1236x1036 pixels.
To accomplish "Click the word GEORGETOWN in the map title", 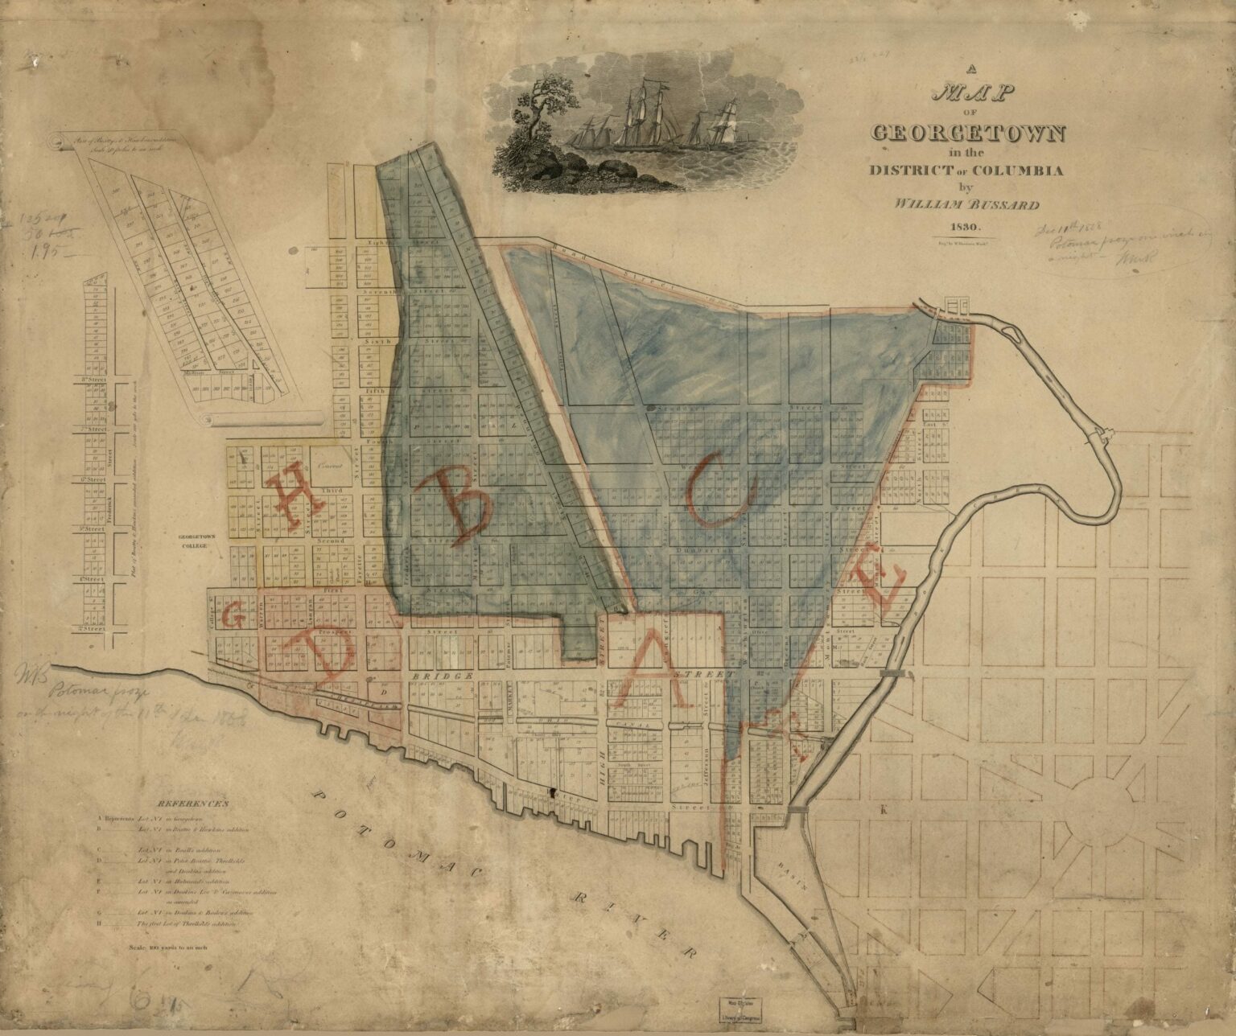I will (x=976, y=133).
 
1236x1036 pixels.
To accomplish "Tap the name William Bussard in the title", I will (x=975, y=204).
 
